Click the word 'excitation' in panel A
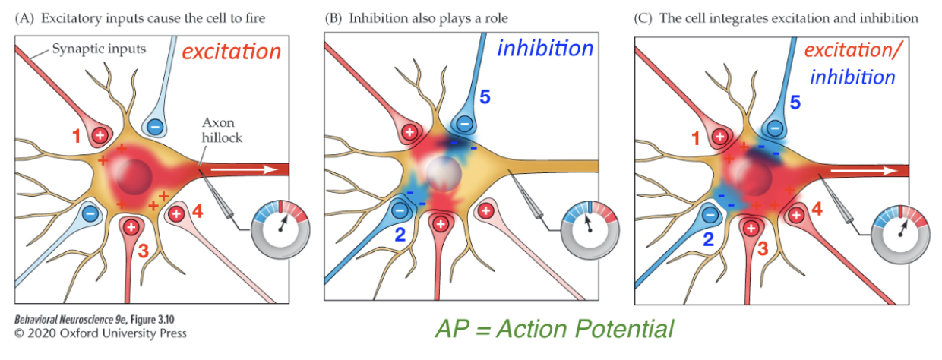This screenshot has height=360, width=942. [231, 52]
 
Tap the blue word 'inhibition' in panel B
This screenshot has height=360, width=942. [545, 49]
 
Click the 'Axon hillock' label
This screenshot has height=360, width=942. [222, 130]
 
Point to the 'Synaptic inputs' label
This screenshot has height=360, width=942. [99, 49]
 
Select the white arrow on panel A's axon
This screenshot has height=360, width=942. [244, 169]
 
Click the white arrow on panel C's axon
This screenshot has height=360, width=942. [864, 170]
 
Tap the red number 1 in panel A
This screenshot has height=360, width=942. [76, 136]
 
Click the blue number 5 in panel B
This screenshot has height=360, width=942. [485, 97]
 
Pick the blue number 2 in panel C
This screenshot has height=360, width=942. [708, 239]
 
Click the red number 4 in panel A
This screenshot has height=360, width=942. [198, 211]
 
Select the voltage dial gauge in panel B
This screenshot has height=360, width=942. [590, 229]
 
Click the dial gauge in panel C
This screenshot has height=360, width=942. [900, 234]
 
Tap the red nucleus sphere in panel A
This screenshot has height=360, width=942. [134, 177]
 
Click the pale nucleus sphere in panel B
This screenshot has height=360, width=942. [444, 173]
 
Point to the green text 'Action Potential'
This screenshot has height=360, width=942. [585, 328]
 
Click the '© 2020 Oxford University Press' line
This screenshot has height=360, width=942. [100, 333]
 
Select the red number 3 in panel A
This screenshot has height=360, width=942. [144, 251]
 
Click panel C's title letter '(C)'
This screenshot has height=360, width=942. [643, 18]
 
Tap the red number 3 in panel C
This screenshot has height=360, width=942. [763, 249]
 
